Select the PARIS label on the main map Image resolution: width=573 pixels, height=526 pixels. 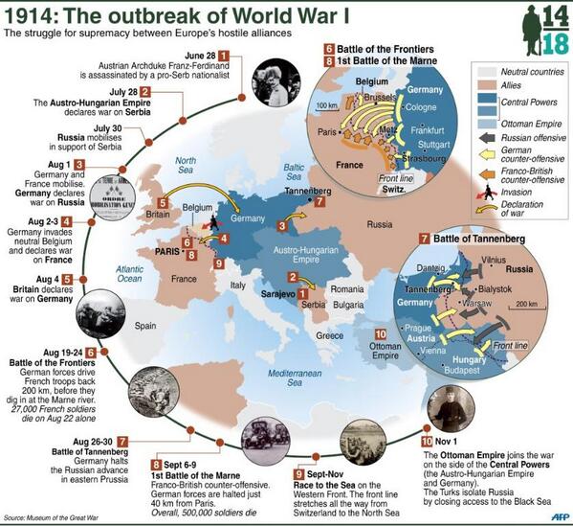click(157, 250)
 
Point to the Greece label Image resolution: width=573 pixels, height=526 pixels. click(330, 335)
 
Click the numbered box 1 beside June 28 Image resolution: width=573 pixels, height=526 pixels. click(225, 56)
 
